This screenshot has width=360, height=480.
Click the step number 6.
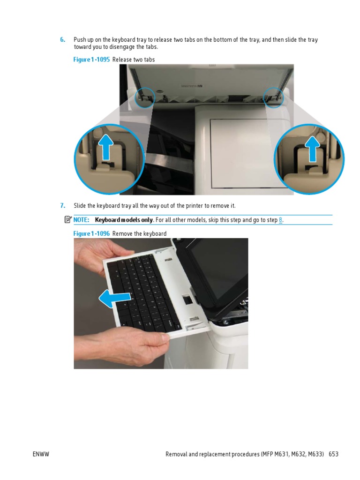coord(62,40)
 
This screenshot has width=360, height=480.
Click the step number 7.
coord(62,206)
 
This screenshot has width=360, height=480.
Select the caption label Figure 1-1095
coord(92,60)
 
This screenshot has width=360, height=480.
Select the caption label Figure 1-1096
coord(92,233)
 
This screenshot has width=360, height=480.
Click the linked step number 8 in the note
coord(281,220)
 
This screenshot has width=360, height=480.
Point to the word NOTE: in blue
coord(81,220)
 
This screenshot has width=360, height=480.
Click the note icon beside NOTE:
coord(68,219)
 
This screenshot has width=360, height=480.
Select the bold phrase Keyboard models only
coord(124,220)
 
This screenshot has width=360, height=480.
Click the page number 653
coord(333,454)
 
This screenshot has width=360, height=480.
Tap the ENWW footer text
coord(41,454)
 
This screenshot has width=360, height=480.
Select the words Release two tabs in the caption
coord(134,60)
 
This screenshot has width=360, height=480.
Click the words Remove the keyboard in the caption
coord(139,233)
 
